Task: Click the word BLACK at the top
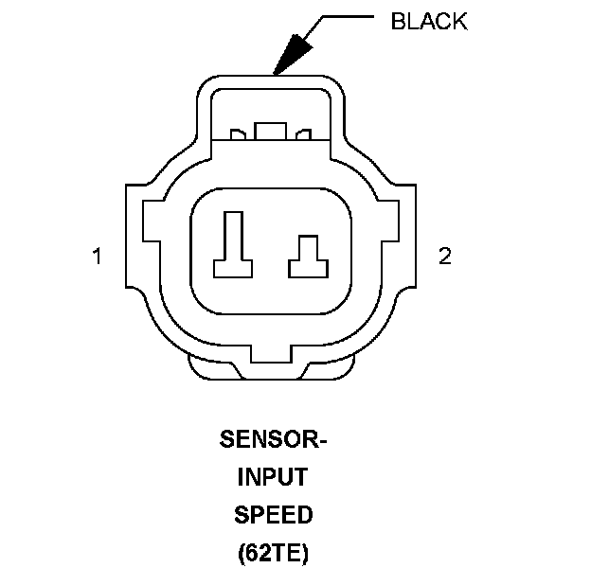pyautogui.click(x=429, y=21)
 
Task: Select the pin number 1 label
pyautogui.click(x=97, y=257)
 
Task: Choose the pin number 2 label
pyautogui.click(x=445, y=257)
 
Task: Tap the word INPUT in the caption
pyautogui.click(x=272, y=477)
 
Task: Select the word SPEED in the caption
pyautogui.click(x=273, y=515)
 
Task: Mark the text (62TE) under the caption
pyautogui.click(x=273, y=552)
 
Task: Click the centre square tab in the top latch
pyautogui.click(x=273, y=132)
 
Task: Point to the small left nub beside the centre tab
pyautogui.click(x=239, y=135)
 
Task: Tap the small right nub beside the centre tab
pyautogui.click(x=305, y=135)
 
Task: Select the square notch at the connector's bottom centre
pyautogui.click(x=273, y=357)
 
